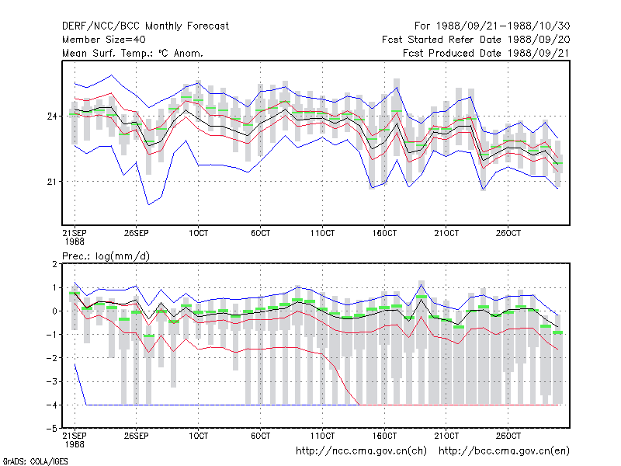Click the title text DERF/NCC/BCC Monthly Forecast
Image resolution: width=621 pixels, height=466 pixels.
(x=145, y=26)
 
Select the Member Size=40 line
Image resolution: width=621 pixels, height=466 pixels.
(x=104, y=40)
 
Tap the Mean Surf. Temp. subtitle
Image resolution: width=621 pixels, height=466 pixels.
(x=132, y=53)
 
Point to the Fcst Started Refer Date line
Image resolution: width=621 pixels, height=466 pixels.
(x=476, y=40)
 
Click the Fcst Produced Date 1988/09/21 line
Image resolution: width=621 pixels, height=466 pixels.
(x=486, y=53)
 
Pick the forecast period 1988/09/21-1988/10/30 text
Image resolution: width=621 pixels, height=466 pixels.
(x=492, y=26)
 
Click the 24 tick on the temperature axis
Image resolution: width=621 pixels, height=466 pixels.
(x=52, y=116)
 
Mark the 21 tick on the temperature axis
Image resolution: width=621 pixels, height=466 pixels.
(x=52, y=182)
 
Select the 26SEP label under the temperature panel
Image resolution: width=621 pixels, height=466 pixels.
(x=137, y=233)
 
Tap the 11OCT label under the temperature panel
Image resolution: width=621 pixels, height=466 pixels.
(x=322, y=233)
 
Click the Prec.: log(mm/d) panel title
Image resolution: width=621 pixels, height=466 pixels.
(x=106, y=256)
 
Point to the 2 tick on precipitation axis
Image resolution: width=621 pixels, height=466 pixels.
(x=54, y=264)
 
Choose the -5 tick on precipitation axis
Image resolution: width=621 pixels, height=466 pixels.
(x=52, y=429)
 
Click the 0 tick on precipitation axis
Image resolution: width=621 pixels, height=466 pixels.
(x=54, y=311)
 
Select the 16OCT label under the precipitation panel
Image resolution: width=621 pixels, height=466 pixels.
(x=384, y=436)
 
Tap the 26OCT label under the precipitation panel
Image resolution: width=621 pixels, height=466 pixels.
(x=508, y=436)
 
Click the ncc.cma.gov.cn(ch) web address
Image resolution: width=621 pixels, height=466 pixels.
(x=361, y=451)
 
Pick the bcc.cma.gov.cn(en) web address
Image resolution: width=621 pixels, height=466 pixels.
(x=504, y=451)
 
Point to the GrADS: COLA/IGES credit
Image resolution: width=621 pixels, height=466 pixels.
(x=35, y=461)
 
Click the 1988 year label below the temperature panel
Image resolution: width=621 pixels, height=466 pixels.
(x=75, y=242)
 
